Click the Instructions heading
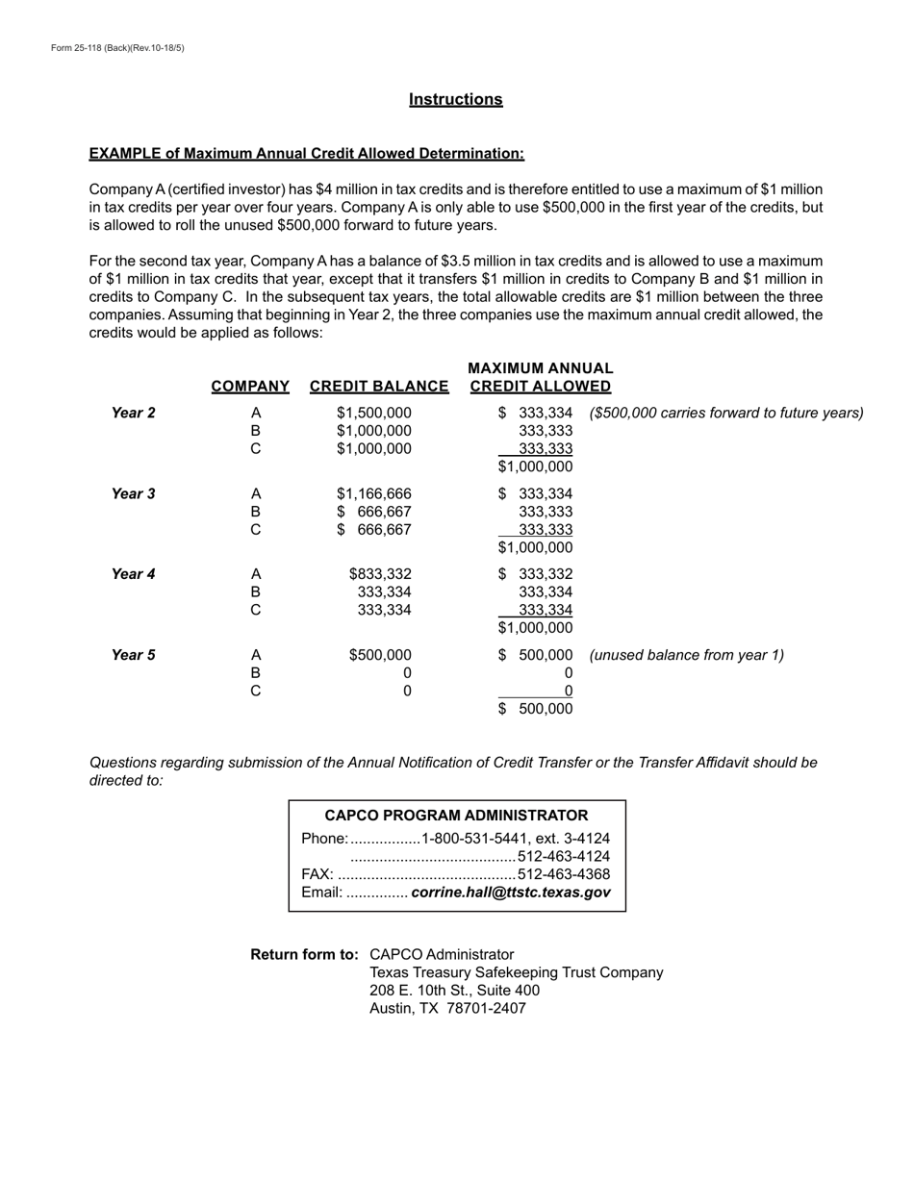pos(455,100)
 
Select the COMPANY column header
pos(250,387)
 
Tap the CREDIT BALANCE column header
pos(379,387)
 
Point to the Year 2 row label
pos(133,414)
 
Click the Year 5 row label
pos(133,656)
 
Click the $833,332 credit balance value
pos(380,575)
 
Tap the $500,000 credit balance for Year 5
pos(380,656)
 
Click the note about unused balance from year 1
pos(686,656)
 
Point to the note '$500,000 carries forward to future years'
pos(726,414)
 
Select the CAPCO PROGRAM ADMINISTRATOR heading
pos(456,816)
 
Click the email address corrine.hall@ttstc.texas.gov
pos(510,893)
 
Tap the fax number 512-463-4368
pos(564,874)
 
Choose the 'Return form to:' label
pos(304,955)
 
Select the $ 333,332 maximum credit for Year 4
pos(536,575)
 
